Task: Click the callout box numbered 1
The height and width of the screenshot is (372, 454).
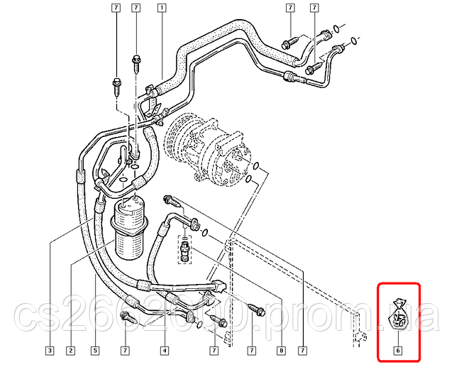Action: (x=162, y=8)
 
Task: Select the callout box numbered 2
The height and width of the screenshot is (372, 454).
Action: (x=70, y=351)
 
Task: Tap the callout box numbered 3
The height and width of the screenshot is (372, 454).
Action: (x=50, y=351)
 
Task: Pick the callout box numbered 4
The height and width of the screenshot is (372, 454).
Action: (x=164, y=351)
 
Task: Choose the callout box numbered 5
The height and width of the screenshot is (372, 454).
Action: (x=95, y=351)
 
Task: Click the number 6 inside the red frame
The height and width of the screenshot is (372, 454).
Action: (x=398, y=351)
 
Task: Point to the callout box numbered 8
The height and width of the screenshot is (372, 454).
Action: (x=281, y=351)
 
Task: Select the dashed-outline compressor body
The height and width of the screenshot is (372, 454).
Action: (x=208, y=149)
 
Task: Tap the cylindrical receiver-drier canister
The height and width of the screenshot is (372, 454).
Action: (x=129, y=229)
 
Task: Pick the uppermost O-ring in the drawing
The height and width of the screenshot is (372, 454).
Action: (x=336, y=28)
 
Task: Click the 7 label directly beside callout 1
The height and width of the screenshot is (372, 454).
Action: (x=135, y=8)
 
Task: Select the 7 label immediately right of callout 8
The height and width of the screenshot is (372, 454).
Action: (x=303, y=351)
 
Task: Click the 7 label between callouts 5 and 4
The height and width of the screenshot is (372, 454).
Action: (x=125, y=351)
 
